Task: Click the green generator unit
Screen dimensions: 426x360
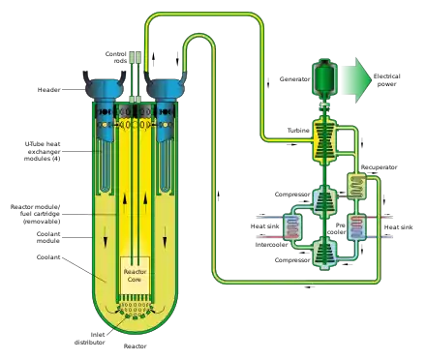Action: tap(324, 77)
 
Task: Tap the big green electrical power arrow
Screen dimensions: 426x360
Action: tap(356, 80)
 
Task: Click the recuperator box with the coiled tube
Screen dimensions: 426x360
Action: tap(356, 187)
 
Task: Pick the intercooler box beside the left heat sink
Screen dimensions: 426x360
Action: tap(292, 226)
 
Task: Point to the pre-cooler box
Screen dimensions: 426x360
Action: tap(356, 226)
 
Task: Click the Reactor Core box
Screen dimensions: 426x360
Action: tap(135, 275)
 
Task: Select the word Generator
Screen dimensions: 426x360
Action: tap(294, 79)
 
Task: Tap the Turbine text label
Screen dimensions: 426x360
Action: tap(298, 131)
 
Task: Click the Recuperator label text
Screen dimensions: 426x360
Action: tap(379, 167)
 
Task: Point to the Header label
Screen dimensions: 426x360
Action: tap(48, 90)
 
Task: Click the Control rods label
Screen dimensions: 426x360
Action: tap(116, 57)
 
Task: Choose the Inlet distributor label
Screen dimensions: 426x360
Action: tap(90, 339)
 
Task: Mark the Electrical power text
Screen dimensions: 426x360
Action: tap(386, 80)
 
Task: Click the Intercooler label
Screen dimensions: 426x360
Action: tap(271, 245)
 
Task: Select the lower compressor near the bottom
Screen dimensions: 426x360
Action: tap(324, 254)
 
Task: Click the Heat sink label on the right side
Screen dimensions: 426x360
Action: tap(398, 227)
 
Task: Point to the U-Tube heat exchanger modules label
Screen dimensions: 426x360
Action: tap(43, 151)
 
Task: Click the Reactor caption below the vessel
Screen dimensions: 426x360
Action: tap(135, 346)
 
